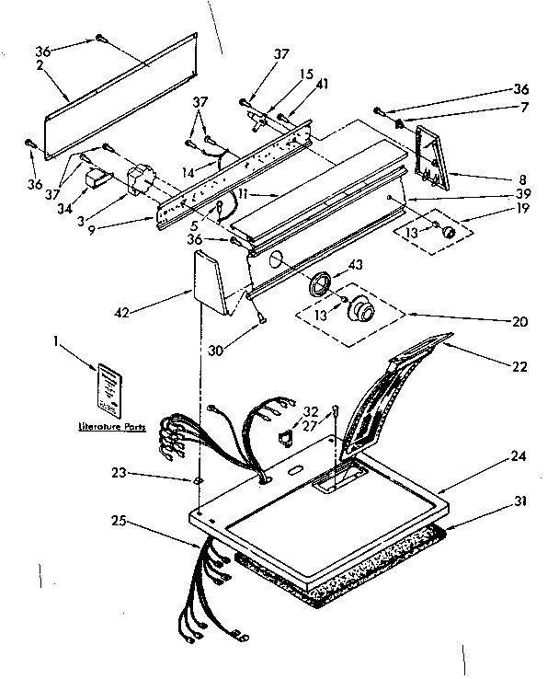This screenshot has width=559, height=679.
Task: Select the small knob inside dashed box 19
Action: click(x=448, y=231)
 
